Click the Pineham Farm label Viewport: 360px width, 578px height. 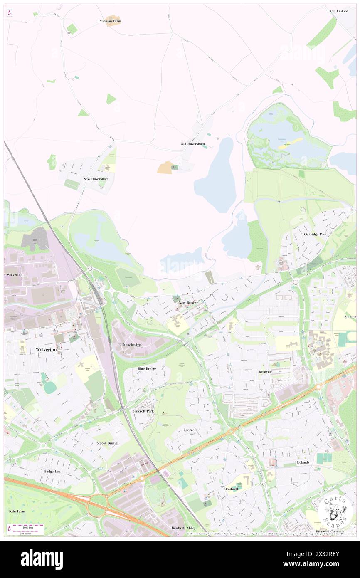point(110,21)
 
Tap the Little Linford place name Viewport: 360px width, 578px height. point(337,11)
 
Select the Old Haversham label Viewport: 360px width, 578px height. point(192,144)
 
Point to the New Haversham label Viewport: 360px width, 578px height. point(96,179)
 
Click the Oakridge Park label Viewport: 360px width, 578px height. point(315,234)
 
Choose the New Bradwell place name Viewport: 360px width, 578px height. point(189,303)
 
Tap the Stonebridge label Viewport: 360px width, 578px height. point(131,345)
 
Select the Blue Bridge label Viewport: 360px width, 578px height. point(147,368)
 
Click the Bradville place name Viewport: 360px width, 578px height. point(265,371)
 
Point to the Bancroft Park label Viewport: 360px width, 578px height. point(143,411)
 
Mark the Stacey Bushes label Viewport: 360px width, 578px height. point(107,443)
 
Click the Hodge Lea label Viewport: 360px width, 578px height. point(52,472)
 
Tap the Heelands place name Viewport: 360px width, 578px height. point(302,462)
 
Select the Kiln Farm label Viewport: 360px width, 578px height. point(17,510)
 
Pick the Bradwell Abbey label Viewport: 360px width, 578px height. point(183,528)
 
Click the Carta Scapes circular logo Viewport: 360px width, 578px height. point(335,512)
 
